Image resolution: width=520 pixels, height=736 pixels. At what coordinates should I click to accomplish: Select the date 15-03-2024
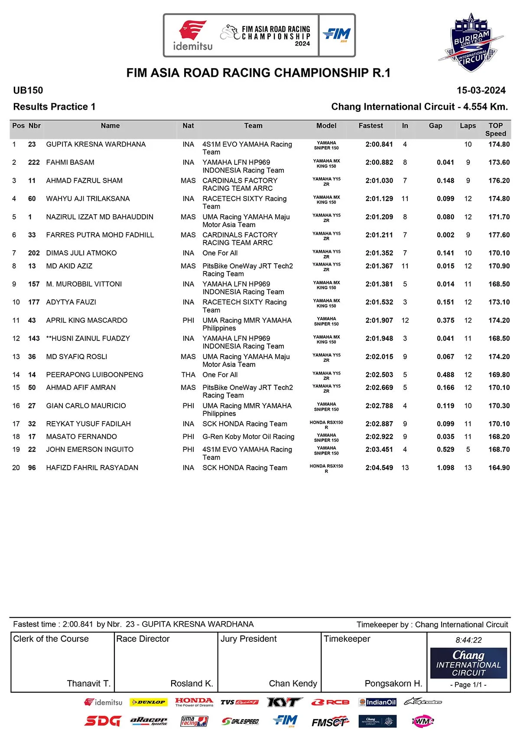tap(481, 90)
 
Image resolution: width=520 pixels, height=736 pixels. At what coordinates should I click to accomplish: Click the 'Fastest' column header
tap(370, 126)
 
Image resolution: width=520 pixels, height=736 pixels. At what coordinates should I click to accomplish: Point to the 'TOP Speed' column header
tap(495, 129)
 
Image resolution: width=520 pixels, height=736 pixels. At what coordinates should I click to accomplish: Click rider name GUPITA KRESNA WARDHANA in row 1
tap(96, 144)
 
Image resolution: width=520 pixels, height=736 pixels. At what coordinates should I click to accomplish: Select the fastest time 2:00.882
tap(379, 163)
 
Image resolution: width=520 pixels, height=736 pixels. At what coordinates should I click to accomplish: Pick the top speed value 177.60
tap(499, 235)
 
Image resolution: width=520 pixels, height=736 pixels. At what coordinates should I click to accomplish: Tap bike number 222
tap(34, 163)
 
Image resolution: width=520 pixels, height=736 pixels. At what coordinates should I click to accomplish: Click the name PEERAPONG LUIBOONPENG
tap(94, 375)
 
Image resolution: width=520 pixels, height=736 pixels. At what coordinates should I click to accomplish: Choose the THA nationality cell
tap(188, 375)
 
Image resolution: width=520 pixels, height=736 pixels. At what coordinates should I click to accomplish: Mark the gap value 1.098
tap(445, 468)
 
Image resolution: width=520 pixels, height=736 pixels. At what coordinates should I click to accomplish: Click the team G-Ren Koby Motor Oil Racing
tap(248, 437)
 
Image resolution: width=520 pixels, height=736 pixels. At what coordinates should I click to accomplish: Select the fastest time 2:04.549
tap(379, 468)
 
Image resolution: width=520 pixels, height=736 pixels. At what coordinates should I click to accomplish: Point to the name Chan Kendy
tap(293, 684)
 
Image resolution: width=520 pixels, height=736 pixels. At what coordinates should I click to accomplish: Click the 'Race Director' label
tap(143, 639)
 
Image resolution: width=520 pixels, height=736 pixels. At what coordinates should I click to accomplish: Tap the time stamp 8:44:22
tap(468, 640)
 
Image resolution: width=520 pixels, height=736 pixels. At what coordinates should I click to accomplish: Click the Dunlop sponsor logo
tap(148, 702)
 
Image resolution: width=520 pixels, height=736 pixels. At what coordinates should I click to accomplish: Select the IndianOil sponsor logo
tap(377, 702)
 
